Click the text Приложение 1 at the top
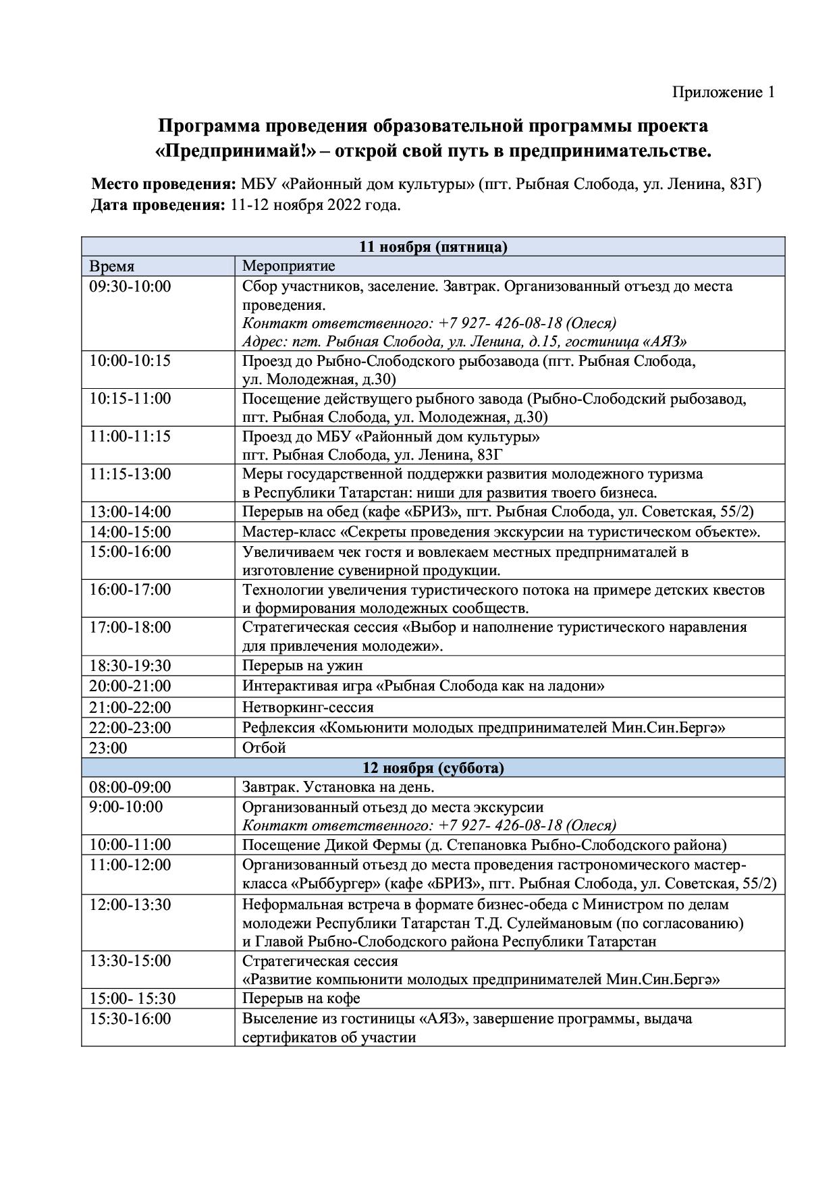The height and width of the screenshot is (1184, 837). click(723, 92)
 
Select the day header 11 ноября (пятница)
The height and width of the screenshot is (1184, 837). click(433, 246)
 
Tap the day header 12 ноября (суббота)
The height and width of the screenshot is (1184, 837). click(433, 768)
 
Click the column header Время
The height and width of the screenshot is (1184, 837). click(112, 266)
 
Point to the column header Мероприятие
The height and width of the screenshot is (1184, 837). click(288, 266)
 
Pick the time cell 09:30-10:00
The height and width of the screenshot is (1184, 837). click(130, 286)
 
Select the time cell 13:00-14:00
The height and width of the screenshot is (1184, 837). click(130, 512)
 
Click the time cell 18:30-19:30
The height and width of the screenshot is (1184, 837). click(130, 666)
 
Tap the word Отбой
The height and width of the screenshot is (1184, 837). click(264, 747)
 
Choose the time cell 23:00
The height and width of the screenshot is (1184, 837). click(108, 747)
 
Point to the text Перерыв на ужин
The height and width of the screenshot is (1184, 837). click(302, 666)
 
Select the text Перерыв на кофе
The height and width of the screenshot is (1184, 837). click(301, 998)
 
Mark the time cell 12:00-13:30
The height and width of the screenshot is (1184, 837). click(130, 904)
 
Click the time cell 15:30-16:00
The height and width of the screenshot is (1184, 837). click(130, 1019)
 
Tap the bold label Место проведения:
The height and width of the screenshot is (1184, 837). click(163, 184)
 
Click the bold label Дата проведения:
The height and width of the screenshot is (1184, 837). click(158, 205)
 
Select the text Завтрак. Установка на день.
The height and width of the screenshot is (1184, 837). click(338, 787)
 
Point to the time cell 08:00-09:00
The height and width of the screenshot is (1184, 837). click(130, 787)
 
